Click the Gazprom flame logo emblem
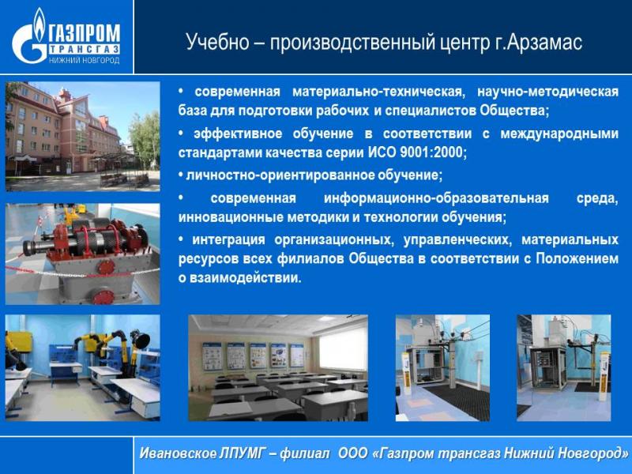click(x=30, y=37)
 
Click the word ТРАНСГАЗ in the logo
click(x=85, y=49)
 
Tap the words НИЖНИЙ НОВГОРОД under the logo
click(x=85, y=61)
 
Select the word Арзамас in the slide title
click(x=544, y=42)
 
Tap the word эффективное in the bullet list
click(x=238, y=134)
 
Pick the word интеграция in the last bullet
click(x=228, y=240)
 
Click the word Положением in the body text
click(x=577, y=258)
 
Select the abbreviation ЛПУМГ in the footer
click(x=241, y=453)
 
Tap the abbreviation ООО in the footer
click(x=352, y=453)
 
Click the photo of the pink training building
click(x=82, y=136)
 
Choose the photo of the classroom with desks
click(x=278, y=367)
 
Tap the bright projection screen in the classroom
click(x=343, y=348)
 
